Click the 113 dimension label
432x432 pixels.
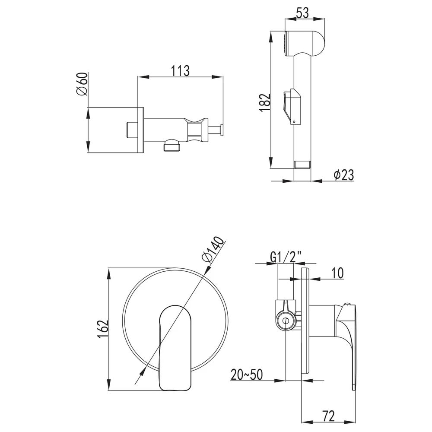coord(181,71)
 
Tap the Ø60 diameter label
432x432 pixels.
coord(82,84)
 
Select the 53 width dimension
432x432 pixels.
coord(302,13)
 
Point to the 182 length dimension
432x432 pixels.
coord(265,102)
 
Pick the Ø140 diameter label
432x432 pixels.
coord(213,249)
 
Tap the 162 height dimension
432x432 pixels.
coord(103,329)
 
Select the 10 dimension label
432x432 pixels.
coord(337,273)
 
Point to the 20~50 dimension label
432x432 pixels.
coord(247,375)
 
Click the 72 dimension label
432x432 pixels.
coord(328,416)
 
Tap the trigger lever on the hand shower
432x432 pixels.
coord(292,106)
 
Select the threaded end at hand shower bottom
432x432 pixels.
coord(302,165)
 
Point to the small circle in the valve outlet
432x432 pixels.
coord(286,321)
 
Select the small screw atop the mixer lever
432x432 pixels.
coord(347,304)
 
